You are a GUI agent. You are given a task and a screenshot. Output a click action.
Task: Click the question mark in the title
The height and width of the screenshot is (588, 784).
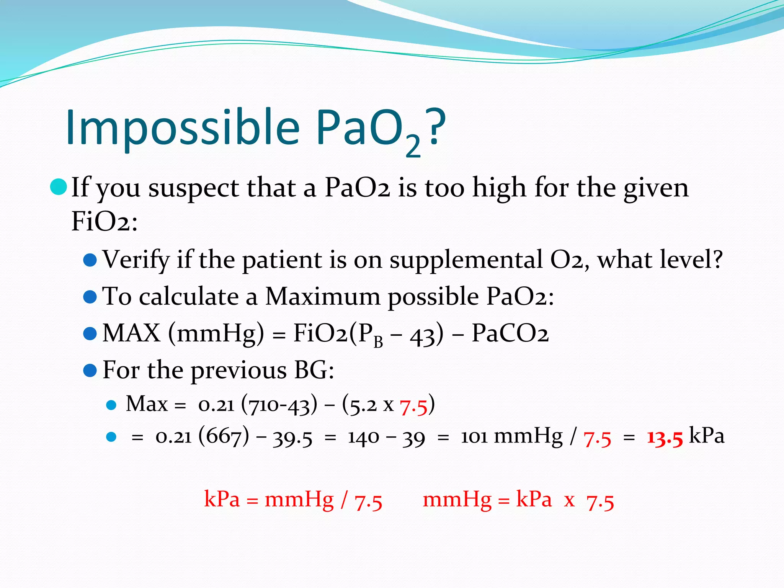click(437, 126)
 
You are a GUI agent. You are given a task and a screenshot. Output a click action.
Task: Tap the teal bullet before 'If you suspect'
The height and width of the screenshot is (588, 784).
click(59, 187)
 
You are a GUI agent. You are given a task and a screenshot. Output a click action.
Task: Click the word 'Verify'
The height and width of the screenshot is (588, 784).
click(136, 260)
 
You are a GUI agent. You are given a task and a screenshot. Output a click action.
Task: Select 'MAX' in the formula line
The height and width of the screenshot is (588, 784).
click(131, 333)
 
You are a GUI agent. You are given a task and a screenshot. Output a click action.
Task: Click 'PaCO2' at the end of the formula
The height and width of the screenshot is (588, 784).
click(510, 333)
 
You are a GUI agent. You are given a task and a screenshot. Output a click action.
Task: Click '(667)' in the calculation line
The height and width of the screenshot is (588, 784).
click(224, 437)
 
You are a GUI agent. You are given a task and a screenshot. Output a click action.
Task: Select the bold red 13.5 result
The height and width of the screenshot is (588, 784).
click(665, 437)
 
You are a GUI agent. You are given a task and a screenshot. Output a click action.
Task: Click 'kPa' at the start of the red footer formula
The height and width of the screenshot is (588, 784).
click(222, 499)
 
